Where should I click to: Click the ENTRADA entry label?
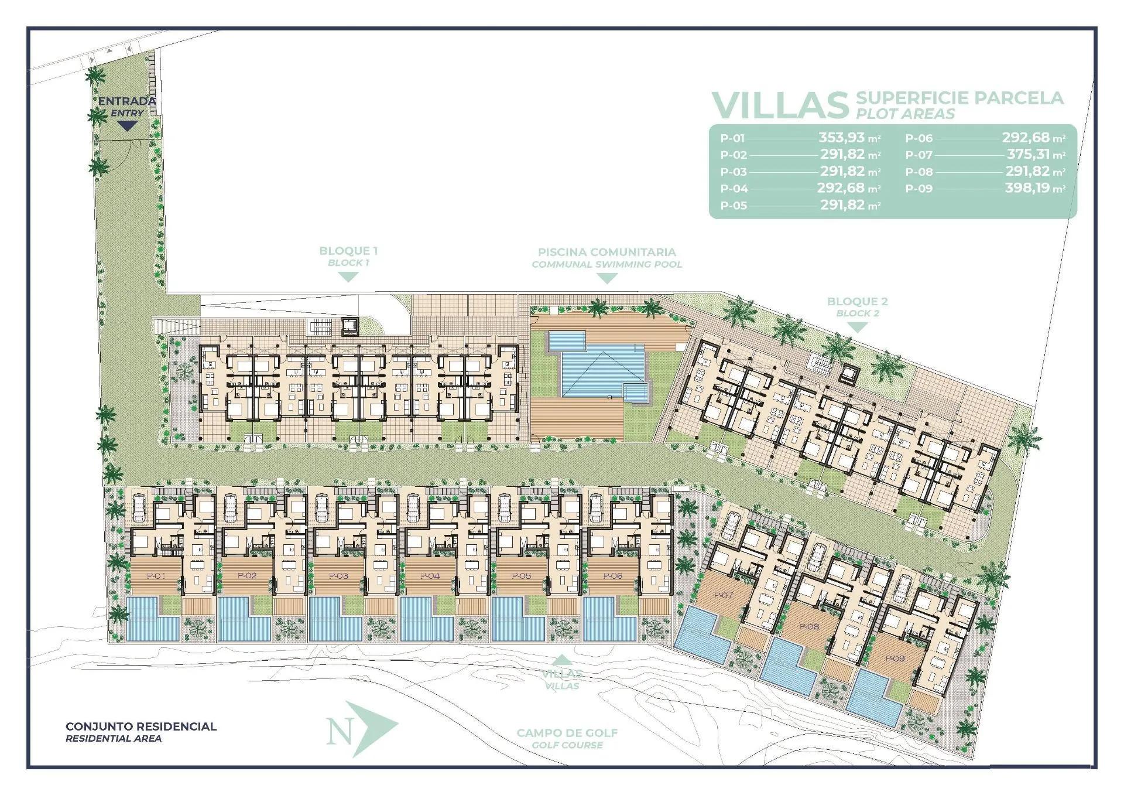pyautogui.click(x=126, y=101)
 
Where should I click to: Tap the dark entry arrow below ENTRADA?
pyautogui.click(x=127, y=125)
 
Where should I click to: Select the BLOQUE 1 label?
pyautogui.click(x=348, y=251)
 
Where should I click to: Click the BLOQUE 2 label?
pyautogui.click(x=857, y=302)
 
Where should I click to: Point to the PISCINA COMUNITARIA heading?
pyautogui.click(x=606, y=252)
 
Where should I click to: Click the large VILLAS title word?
pyautogui.click(x=780, y=105)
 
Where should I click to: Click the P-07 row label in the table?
pyautogui.click(x=919, y=155)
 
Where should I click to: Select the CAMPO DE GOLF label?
pyautogui.click(x=567, y=733)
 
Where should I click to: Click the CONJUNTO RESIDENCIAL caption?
pyautogui.click(x=141, y=726)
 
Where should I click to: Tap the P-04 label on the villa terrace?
pyautogui.click(x=430, y=576)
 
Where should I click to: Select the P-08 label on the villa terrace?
pyautogui.click(x=808, y=627)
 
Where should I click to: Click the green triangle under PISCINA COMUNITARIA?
pyautogui.click(x=606, y=279)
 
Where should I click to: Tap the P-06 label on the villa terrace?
pyautogui.click(x=612, y=576)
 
